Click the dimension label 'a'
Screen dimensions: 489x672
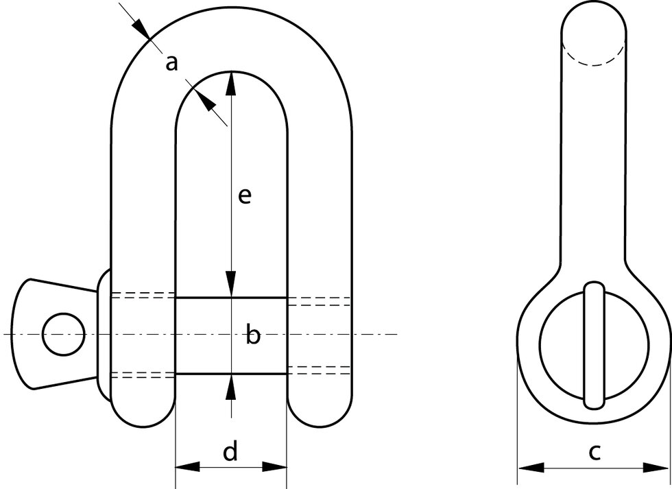point(172,64)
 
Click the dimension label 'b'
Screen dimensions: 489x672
point(253,336)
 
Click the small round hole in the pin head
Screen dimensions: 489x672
point(63,334)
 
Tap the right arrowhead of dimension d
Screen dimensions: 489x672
point(274,467)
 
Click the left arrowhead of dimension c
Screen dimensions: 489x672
point(530,468)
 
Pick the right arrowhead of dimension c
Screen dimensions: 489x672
point(656,468)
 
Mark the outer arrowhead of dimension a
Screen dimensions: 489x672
point(141,28)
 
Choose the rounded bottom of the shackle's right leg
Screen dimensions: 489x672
point(320,412)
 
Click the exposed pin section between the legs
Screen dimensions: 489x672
point(206,336)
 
